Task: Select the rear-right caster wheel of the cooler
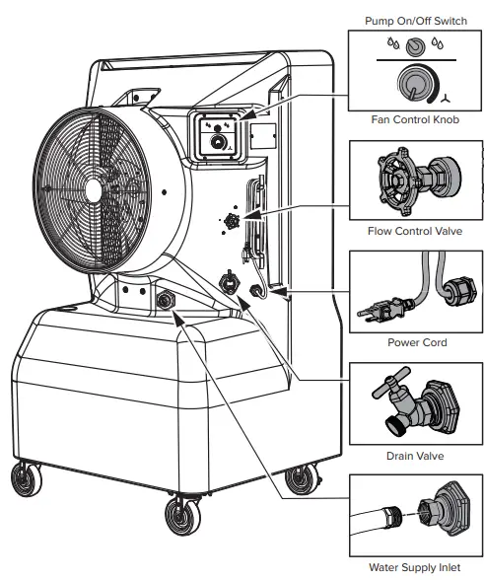(296, 481)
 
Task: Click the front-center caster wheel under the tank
(179, 515)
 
